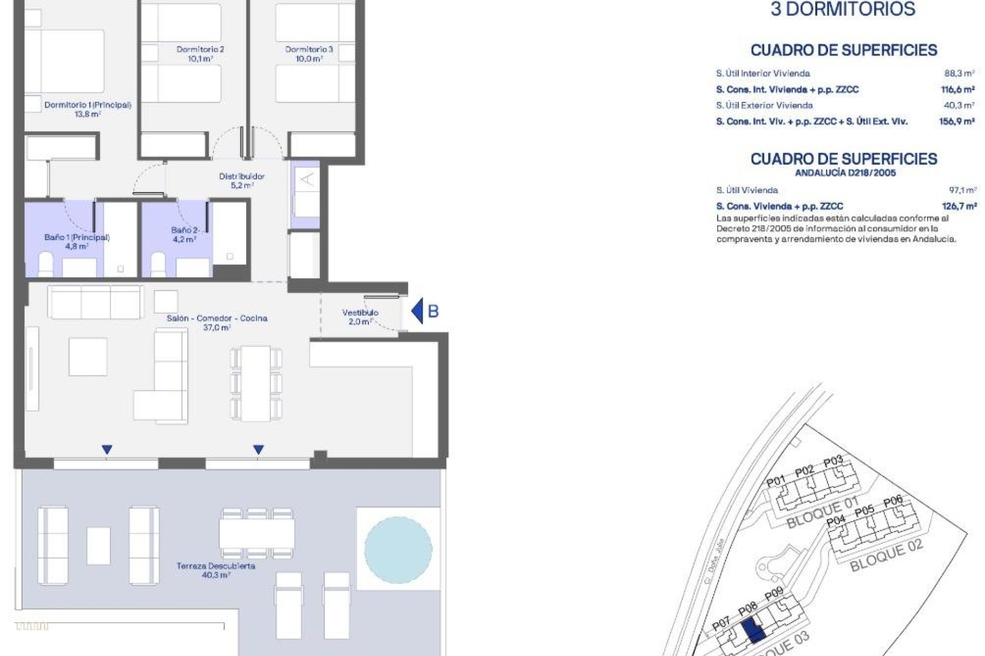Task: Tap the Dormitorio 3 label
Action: coord(309,54)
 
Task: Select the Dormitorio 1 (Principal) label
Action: coord(88,109)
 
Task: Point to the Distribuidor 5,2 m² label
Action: coord(242,180)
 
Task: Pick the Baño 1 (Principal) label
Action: coord(77,241)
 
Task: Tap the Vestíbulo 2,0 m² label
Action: coord(360,317)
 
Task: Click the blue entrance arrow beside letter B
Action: coord(418,311)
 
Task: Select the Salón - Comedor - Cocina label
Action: coord(216,322)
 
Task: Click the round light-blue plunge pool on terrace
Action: coord(398,549)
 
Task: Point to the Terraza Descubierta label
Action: coord(215,570)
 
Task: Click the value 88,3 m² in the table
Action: coord(959,73)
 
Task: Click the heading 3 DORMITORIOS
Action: coord(843,9)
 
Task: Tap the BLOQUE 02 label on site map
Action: coord(886,556)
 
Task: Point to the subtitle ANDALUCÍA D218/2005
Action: coord(845,173)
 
